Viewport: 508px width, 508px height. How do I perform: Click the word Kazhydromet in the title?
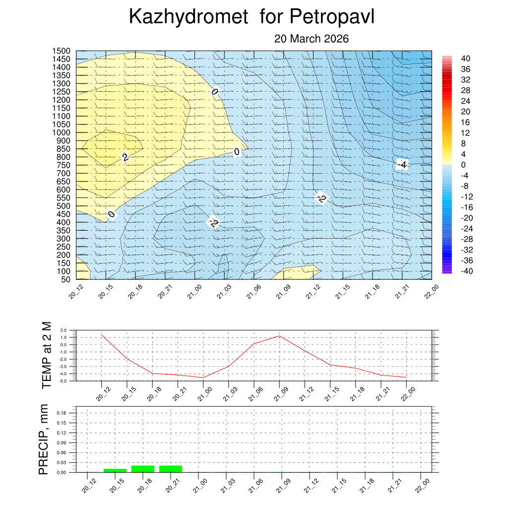(x=188, y=17)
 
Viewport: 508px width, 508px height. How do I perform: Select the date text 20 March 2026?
(x=312, y=39)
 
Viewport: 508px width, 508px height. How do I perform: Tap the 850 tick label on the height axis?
(x=63, y=149)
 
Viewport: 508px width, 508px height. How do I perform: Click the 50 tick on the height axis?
(x=65, y=279)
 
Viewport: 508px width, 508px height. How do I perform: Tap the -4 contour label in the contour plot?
(x=402, y=165)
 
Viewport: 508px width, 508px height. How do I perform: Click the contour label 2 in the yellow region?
(x=126, y=158)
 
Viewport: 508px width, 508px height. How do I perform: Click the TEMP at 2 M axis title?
(x=47, y=355)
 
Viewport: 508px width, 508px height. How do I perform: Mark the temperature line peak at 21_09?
(x=279, y=336)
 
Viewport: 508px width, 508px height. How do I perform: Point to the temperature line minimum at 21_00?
(x=202, y=378)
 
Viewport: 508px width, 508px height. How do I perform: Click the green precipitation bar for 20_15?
(x=115, y=470)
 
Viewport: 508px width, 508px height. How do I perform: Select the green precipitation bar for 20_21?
(x=171, y=469)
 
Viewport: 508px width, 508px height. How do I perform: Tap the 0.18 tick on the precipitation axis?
(x=62, y=413)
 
